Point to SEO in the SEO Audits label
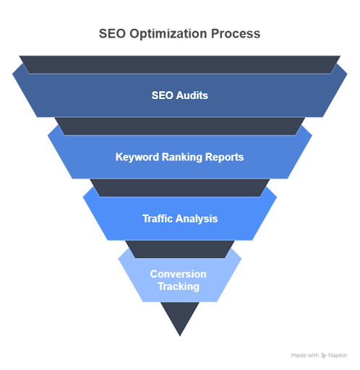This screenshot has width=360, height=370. coord(162,95)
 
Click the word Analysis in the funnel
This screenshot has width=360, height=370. coord(198,218)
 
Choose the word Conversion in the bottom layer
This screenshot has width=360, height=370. coord(179,274)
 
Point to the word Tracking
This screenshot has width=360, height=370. coord(179,286)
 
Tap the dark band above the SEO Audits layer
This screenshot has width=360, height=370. coord(179,64)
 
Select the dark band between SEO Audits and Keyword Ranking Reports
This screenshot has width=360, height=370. coord(179,126)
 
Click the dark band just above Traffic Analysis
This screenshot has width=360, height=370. coord(179,188)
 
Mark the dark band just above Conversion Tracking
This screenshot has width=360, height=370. coord(179,249)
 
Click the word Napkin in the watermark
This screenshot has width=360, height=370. coord(338,356)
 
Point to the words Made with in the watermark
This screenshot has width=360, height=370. coord(307,356)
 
